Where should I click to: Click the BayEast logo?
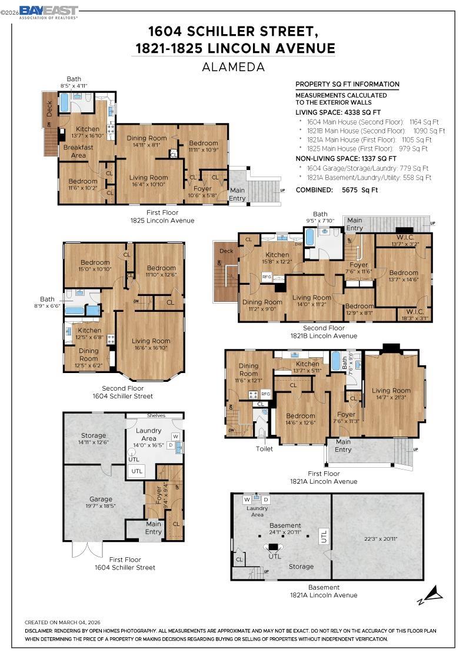coord(48,12)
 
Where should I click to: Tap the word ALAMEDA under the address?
coord(233,67)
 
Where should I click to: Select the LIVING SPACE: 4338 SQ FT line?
coord(338,112)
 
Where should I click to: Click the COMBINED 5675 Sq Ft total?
coord(337,190)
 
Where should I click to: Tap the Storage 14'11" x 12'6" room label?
coord(93,439)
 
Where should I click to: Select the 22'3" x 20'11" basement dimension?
coord(377,538)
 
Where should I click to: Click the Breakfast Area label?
coord(75,152)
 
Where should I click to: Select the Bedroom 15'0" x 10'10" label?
coord(95,266)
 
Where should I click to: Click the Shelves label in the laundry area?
coord(156,415)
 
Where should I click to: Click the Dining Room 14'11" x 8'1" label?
coord(147,141)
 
